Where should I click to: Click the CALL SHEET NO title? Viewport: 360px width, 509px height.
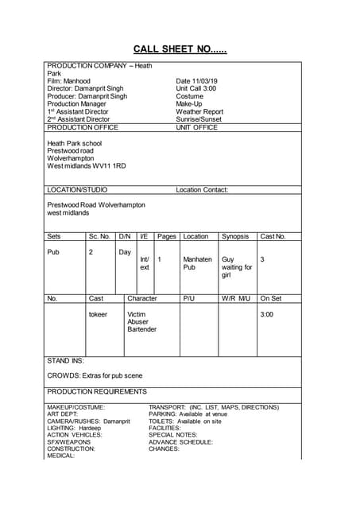click(180, 49)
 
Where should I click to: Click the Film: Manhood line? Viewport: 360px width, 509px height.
click(69, 81)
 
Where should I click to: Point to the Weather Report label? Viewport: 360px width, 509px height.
click(199, 112)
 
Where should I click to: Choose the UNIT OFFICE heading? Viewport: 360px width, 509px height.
click(196, 127)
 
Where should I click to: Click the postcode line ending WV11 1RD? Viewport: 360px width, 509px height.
click(87, 166)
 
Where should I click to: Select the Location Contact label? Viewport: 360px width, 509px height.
click(202, 190)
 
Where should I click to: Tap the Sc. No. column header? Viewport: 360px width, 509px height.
click(99, 236)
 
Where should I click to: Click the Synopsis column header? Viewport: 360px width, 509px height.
click(235, 236)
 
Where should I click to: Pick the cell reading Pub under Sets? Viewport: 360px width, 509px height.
click(54, 251)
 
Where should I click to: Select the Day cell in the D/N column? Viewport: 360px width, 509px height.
click(125, 251)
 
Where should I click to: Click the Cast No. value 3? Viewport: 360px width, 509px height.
click(263, 259)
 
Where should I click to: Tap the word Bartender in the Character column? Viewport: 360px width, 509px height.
click(142, 329)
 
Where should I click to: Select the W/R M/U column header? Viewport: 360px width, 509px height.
click(236, 299)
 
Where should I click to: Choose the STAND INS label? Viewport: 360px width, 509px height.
click(66, 360)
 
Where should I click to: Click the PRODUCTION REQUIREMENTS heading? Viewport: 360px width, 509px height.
click(97, 391)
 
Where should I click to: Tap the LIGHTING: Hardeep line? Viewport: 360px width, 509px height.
click(75, 428)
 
